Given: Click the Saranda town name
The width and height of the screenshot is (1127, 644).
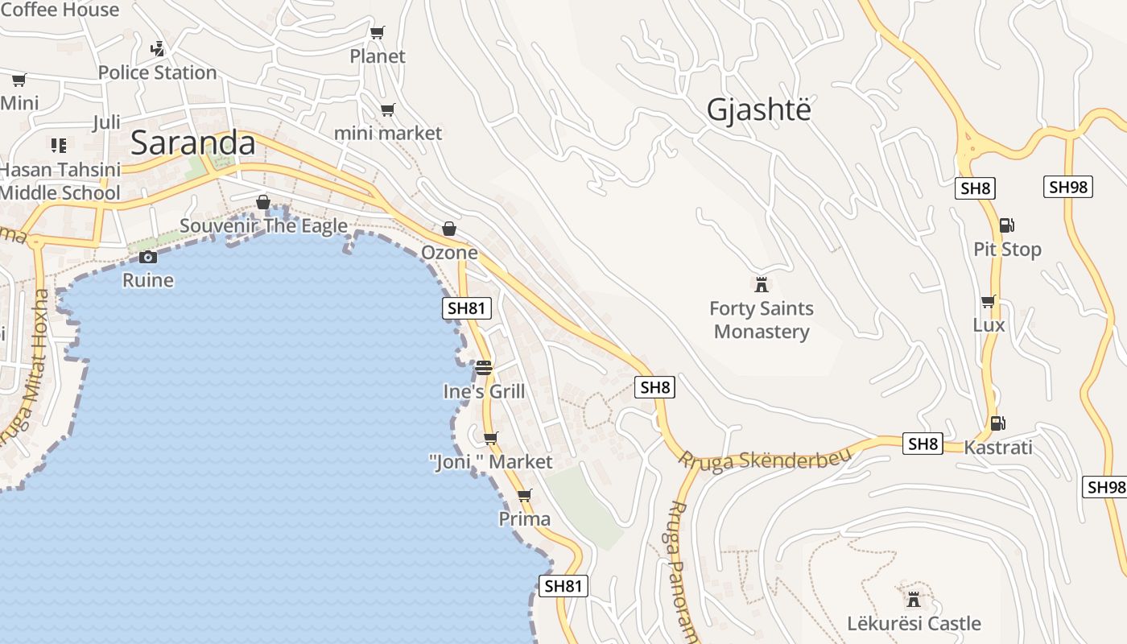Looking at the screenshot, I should point(192,143).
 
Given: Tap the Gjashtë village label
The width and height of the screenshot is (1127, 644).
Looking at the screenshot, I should point(758,109).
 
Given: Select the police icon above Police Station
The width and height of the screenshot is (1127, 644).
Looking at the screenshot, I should point(157,49).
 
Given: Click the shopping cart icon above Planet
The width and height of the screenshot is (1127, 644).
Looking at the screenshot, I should point(377,33).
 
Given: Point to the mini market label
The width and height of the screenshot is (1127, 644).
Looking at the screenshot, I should point(387,133).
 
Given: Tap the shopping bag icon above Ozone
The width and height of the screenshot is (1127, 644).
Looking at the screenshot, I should point(449,229).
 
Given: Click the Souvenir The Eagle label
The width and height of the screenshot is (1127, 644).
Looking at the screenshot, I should point(263,225).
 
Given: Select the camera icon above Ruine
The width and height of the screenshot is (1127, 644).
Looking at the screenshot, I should point(148,257).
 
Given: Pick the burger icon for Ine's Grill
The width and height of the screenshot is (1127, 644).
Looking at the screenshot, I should point(483,368).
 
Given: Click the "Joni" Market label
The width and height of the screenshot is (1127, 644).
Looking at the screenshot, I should point(490,462).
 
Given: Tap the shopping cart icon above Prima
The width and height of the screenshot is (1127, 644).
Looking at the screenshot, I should point(525,495).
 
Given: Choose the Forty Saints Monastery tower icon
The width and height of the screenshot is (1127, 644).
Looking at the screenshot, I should point(761,284).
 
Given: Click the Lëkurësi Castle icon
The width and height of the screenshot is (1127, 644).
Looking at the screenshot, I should point(914,600).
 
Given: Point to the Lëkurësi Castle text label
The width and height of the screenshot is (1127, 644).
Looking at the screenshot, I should point(914,623).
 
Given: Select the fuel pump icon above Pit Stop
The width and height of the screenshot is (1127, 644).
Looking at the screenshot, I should point(1006,225).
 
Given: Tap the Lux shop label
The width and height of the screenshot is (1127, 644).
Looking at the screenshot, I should point(989,325).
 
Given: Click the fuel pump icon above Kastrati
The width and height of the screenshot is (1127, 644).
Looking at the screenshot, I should point(997,423).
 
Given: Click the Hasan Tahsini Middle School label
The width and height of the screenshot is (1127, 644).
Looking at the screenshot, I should point(60,181).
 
